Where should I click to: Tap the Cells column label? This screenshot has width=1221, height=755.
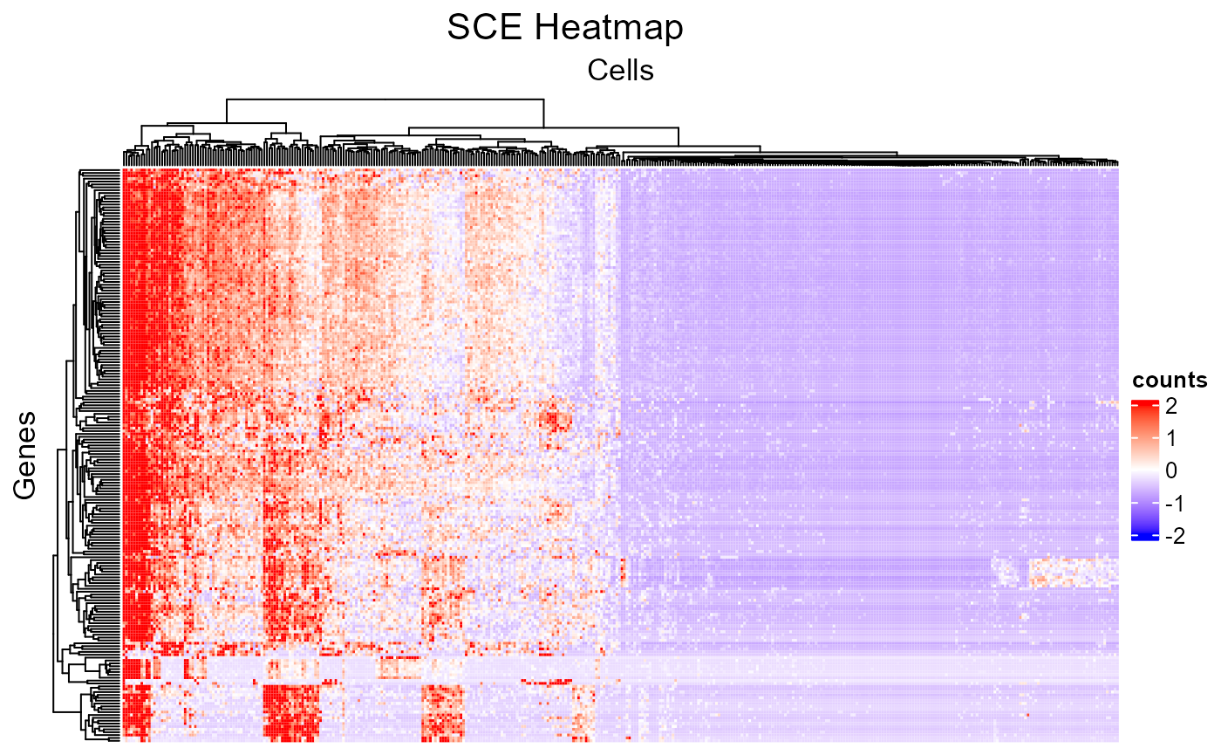(x=621, y=70)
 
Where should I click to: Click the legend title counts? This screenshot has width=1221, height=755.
(x=1170, y=380)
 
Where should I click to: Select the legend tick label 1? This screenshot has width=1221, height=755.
(x=1170, y=437)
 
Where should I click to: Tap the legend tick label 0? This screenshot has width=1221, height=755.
(x=1170, y=470)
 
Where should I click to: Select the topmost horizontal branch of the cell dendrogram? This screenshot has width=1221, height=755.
(x=385, y=100)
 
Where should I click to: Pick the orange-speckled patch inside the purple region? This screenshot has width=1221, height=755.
(x=1073, y=572)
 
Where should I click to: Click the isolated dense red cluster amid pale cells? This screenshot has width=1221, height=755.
(x=554, y=419)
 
